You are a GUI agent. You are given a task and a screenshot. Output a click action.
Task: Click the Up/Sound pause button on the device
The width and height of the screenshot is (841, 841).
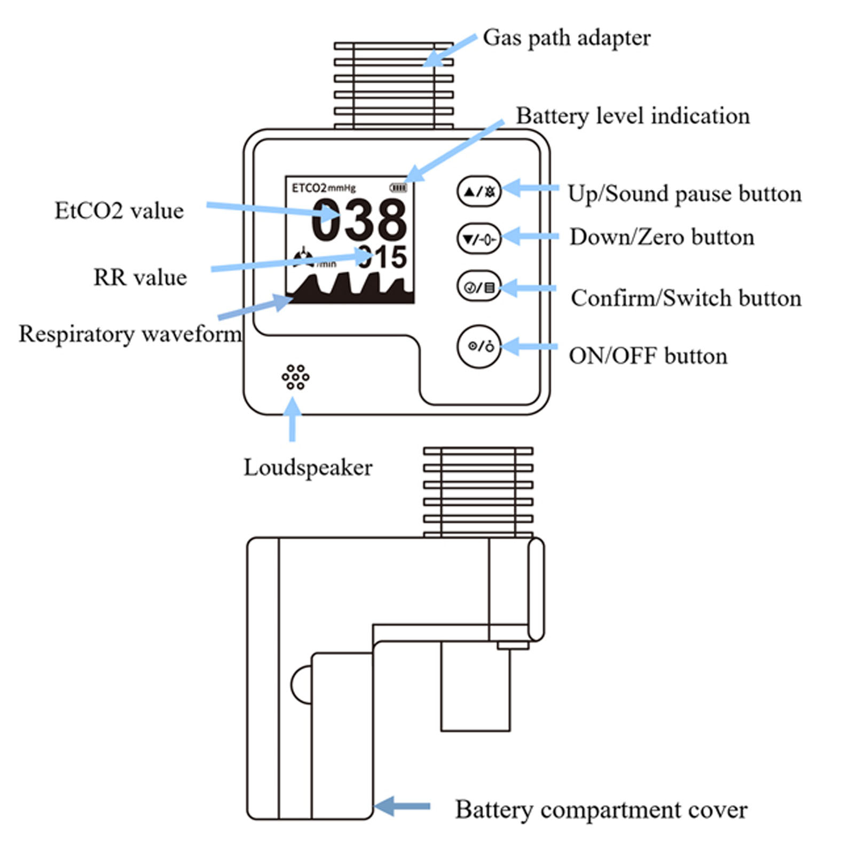click(x=479, y=191)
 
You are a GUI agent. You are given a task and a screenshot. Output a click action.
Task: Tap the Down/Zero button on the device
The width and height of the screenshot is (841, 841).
click(x=479, y=239)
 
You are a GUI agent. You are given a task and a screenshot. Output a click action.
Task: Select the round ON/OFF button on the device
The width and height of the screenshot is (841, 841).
click(x=479, y=347)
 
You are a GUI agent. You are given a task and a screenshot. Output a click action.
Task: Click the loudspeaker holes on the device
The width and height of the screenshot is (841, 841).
click(x=295, y=378)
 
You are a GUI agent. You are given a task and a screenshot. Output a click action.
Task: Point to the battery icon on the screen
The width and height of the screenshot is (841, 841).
click(x=398, y=187)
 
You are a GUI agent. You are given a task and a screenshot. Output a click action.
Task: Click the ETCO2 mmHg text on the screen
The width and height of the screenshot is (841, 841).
click(x=324, y=188)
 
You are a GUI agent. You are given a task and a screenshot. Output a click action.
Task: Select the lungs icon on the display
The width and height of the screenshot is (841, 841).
click(x=303, y=258)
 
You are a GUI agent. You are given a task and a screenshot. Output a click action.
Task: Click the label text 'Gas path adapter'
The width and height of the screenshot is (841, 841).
click(x=567, y=38)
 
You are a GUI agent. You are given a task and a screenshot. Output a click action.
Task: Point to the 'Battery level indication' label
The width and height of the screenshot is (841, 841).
click(x=633, y=116)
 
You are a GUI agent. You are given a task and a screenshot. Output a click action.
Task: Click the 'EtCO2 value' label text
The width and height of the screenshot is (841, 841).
click(x=119, y=210)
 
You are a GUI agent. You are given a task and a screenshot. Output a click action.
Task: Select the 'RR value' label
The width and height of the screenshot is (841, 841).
click(x=140, y=277)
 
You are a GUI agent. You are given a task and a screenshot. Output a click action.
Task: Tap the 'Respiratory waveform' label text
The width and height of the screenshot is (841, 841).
click(x=130, y=334)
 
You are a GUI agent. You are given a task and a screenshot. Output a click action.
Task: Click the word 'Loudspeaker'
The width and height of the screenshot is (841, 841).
click(x=308, y=468)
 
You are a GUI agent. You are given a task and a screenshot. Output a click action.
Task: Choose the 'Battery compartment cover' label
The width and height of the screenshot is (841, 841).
click(x=601, y=809)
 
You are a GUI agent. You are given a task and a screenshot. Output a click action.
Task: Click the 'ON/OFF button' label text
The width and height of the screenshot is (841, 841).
click(x=648, y=356)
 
